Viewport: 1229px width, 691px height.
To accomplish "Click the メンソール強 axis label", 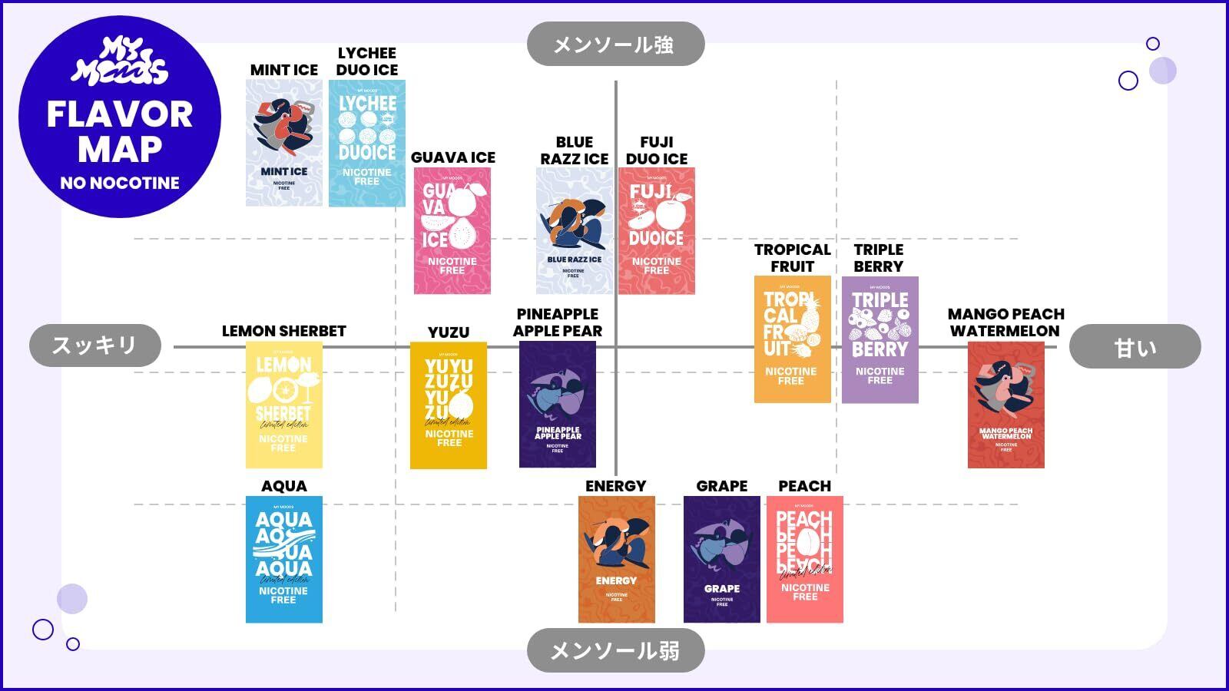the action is pyautogui.click(x=615, y=45).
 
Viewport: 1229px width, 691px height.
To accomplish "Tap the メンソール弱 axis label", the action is pyautogui.click(x=615, y=651).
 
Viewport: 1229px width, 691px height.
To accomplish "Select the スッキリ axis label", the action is pyautogui.click(x=95, y=345).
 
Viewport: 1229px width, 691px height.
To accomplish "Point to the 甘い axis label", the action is pyautogui.click(x=1135, y=347).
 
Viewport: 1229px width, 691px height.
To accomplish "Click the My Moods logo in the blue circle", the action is pyautogui.click(x=120, y=61).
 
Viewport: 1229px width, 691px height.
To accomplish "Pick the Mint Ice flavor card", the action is pyautogui.click(x=284, y=144).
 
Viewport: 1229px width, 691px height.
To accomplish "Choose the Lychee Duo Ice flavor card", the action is pyautogui.click(x=367, y=144).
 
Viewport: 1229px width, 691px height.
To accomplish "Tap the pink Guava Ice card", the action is pyautogui.click(x=452, y=231).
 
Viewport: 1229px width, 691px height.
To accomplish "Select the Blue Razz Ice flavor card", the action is pyautogui.click(x=574, y=231).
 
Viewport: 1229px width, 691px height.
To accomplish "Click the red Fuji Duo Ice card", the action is pyautogui.click(x=657, y=231).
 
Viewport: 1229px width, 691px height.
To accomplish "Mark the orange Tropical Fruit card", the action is pyautogui.click(x=792, y=339).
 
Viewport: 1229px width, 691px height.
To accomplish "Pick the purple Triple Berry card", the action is pyautogui.click(x=880, y=339).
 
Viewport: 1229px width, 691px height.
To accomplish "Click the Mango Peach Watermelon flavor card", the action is pyautogui.click(x=1006, y=405).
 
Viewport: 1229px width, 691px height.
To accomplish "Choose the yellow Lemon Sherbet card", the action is pyautogui.click(x=284, y=405).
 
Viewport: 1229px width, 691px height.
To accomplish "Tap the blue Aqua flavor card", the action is pyautogui.click(x=284, y=559).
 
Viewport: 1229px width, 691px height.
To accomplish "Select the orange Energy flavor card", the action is pyautogui.click(x=616, y=559).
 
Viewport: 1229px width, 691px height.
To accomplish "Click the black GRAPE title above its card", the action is pyautogui.click(x=722, y=486).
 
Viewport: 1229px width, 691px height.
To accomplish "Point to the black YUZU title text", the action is pyautogui.click(x=449, y=332).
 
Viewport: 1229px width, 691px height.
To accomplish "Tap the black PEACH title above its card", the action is pyautogui.click(x=804, y=486).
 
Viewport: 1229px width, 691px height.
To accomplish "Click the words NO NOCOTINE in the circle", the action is pyautogui.click(x=120, y=183).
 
